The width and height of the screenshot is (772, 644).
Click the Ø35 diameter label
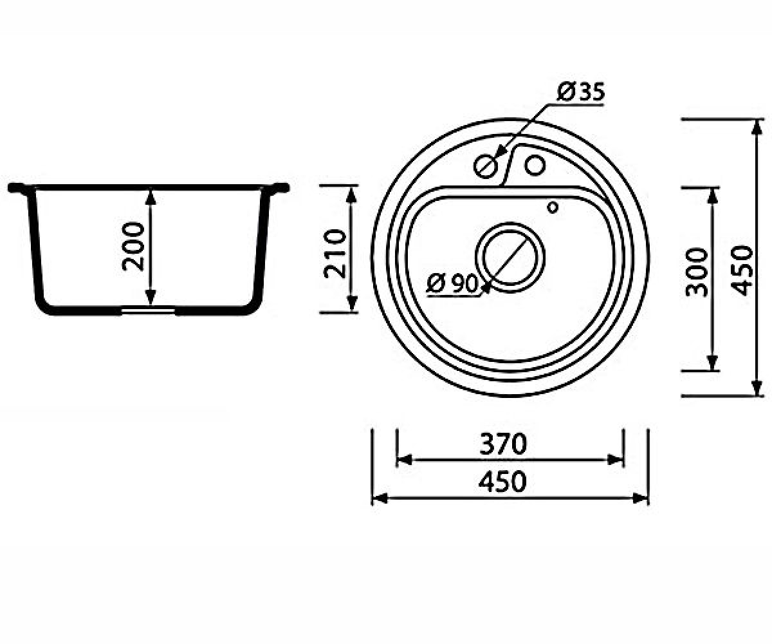580,92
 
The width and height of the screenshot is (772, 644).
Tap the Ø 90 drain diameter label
452,284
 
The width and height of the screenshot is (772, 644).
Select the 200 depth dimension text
133,247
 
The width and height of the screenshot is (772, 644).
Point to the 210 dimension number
335,254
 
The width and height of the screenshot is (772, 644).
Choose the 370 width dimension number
503,444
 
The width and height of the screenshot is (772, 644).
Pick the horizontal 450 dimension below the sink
503,482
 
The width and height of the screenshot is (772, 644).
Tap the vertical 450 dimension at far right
742,270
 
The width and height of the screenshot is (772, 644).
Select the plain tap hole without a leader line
535,165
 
